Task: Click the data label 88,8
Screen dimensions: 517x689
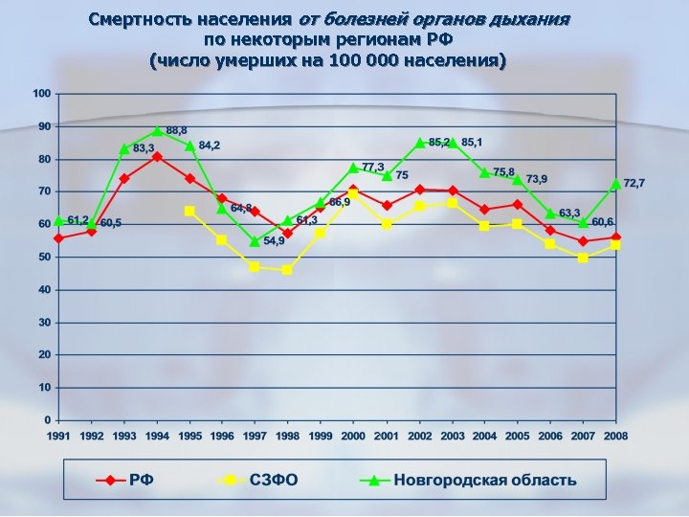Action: point(176,129)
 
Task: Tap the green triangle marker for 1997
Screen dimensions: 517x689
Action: point(255,241)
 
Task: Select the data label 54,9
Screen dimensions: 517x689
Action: point(275,241)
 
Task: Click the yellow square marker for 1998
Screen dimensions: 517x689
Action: point(287,270)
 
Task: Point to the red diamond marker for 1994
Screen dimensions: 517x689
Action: point(157,156)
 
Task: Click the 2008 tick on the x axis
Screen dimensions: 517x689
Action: point(615,436)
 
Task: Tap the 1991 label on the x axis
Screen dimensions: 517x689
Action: point(58,436)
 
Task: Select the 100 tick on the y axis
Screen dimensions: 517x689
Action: point(40,94)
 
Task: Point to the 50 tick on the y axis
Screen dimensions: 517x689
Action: point(44,258)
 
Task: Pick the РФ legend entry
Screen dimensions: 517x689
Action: point(140,480)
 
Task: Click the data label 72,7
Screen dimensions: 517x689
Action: point(634,182)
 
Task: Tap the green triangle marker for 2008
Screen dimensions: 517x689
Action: point(615,184)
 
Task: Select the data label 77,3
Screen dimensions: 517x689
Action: point(373,167)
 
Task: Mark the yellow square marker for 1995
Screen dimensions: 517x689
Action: point(189,211)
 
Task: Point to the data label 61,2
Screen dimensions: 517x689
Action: point(78,219)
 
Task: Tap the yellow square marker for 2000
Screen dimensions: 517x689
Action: point(353,194)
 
